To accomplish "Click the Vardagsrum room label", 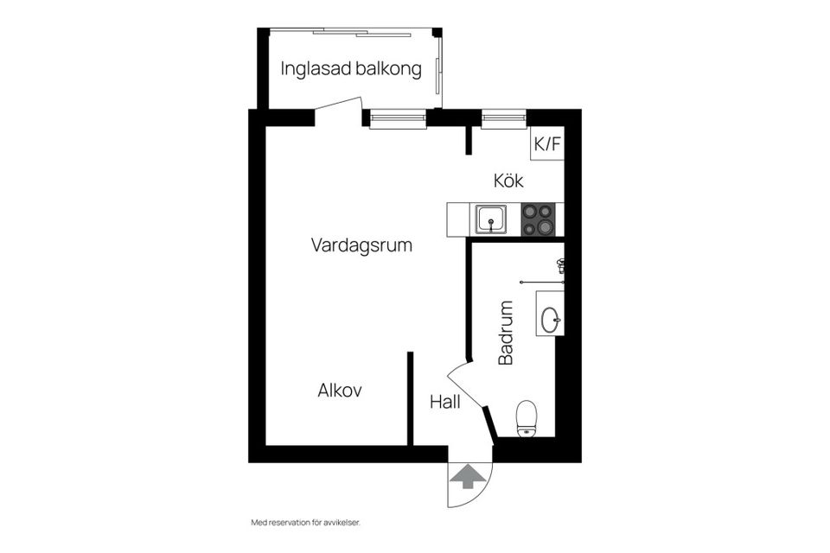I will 361,245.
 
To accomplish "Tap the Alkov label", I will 340,391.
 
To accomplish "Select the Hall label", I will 444,402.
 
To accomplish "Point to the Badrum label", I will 507,333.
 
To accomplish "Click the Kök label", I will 509,181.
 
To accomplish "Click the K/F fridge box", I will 547,144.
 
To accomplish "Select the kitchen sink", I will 491,219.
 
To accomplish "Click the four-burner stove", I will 538,219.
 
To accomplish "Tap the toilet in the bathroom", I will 527,419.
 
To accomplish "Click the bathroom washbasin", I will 550,320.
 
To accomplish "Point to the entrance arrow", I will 468,476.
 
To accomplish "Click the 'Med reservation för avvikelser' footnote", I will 305,523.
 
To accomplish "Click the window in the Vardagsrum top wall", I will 399,119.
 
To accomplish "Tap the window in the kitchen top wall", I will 503,119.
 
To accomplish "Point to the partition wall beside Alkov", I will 411,397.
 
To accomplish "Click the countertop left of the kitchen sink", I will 458,219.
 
